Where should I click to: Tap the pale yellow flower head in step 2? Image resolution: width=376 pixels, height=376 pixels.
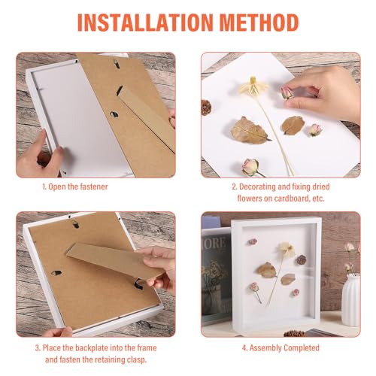tap(253, 86)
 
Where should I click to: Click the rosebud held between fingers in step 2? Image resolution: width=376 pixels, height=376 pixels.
tap(287, 93)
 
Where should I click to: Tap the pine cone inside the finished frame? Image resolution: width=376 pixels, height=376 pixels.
tap(301, 260)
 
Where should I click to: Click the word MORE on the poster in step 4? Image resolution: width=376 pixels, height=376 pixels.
tap(215, 244)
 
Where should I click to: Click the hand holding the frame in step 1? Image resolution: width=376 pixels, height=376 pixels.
tap(34, 154)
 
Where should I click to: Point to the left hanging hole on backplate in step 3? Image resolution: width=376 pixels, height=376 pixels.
tap(56, 272)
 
